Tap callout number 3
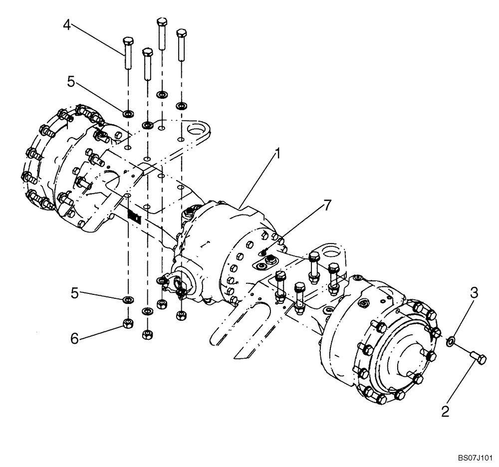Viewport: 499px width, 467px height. click(x=474, y=292)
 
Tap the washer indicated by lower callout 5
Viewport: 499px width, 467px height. click(x=128, y=299)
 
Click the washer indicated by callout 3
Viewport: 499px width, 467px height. click(x=450, y=340)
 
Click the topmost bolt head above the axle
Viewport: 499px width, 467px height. click(x=161, y=22)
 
